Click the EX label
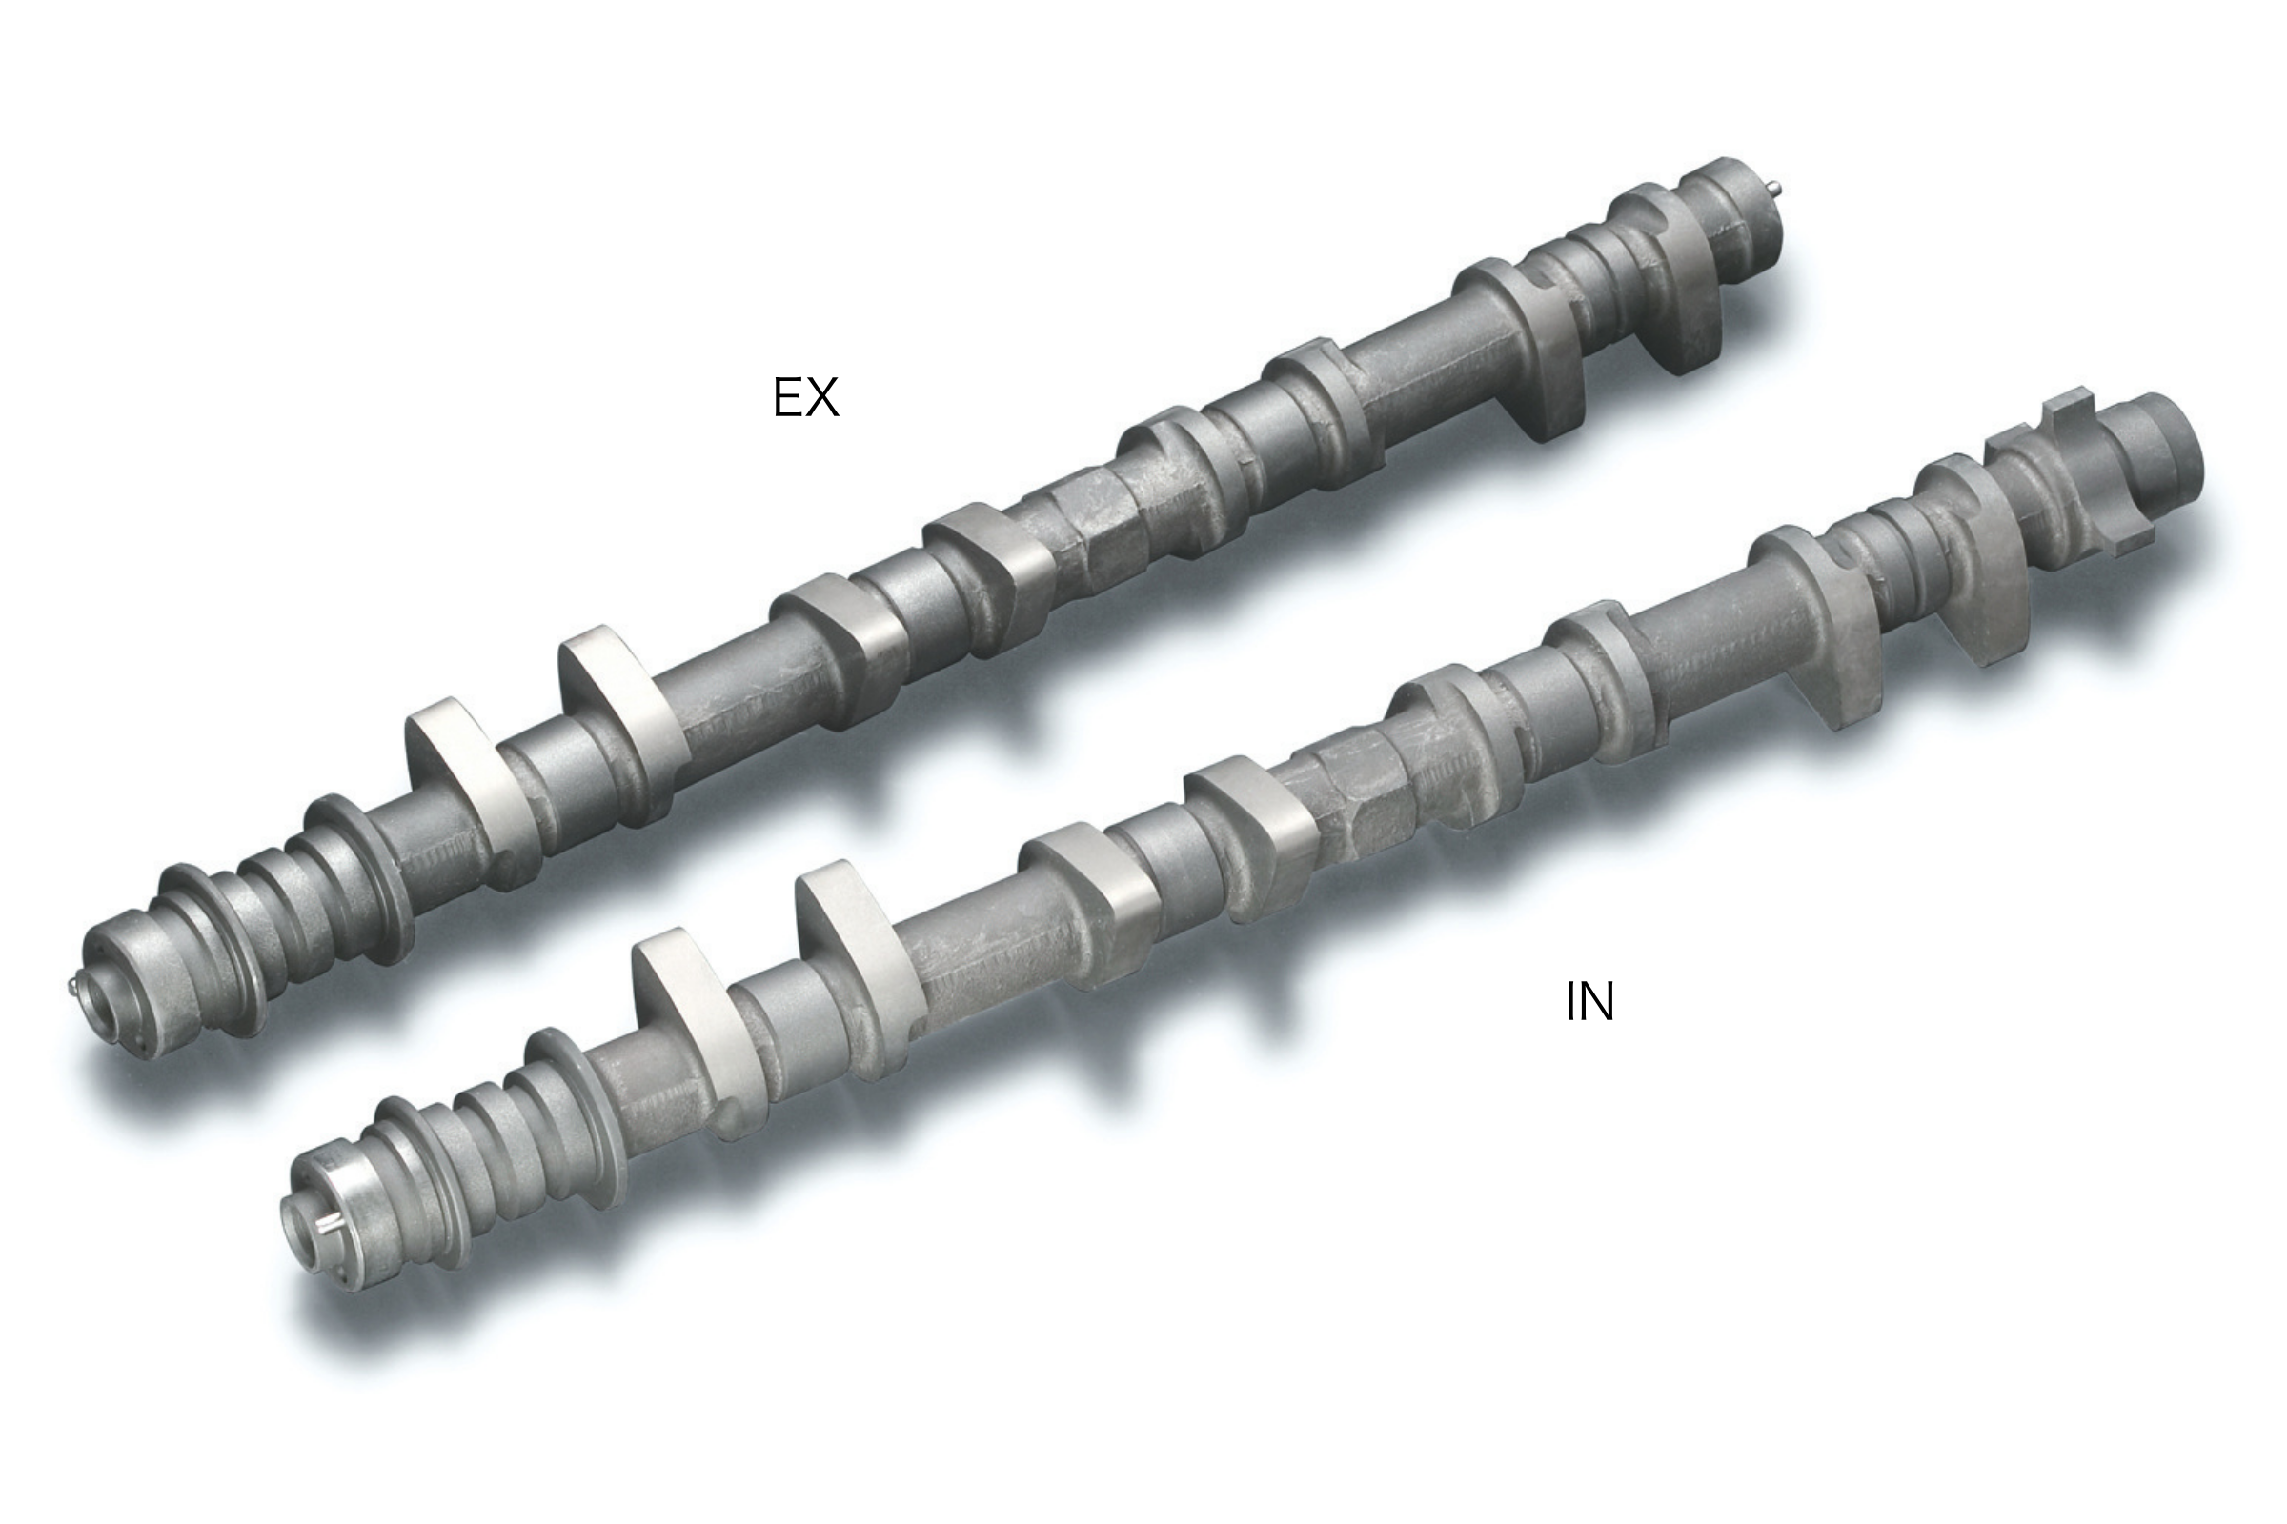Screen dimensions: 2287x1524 coord(805,397)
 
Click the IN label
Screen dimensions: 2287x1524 coord(1589,1002)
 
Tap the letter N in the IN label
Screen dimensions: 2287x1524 coord(1598,1002)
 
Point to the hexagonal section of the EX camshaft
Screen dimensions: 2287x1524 coord(1099,530)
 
